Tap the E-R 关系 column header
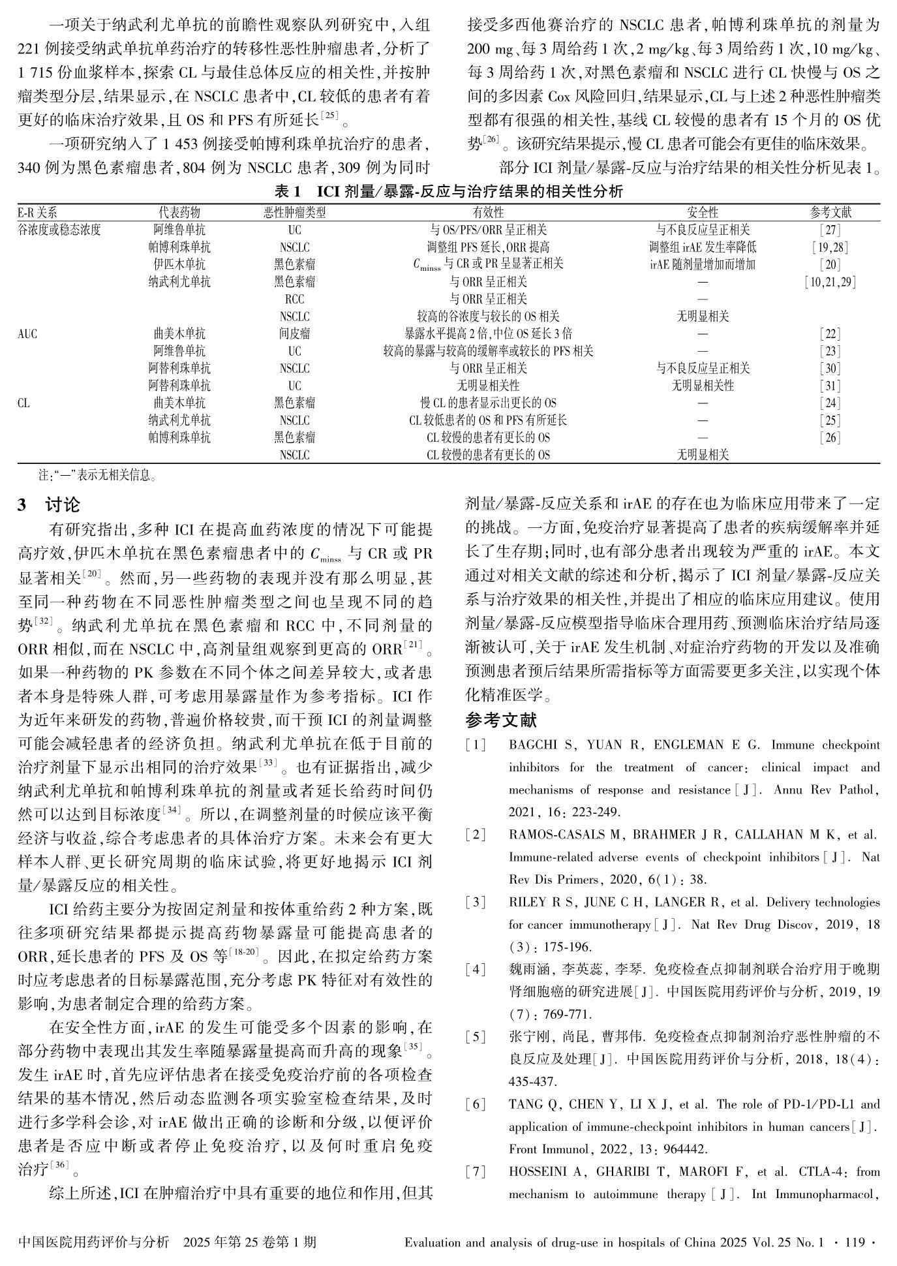click(x=37, y=213)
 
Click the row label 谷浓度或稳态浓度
click(x=59, y=230)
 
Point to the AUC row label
click(x=27, y=334)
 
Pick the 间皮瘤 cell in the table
click(x=294, y=334)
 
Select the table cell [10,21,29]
click(x=830, y=282)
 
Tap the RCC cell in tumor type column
click(x=294, y=300)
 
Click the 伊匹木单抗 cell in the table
click(x=179, y=264)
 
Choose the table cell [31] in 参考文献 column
click(x=830, y=386)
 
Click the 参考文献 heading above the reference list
click(x=501, y=720)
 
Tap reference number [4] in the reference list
click(x=476, y=970)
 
